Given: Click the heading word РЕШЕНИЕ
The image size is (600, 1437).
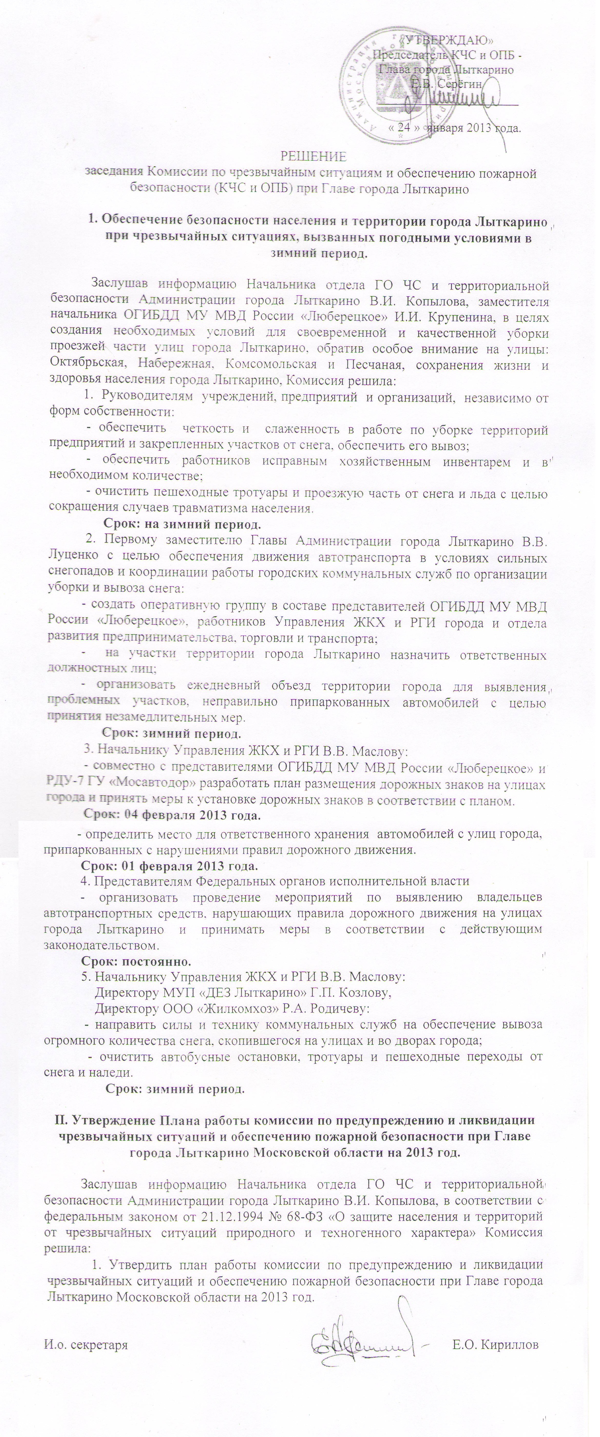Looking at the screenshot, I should pos(312,157).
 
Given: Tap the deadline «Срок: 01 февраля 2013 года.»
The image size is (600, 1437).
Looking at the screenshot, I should pos(170,867).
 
